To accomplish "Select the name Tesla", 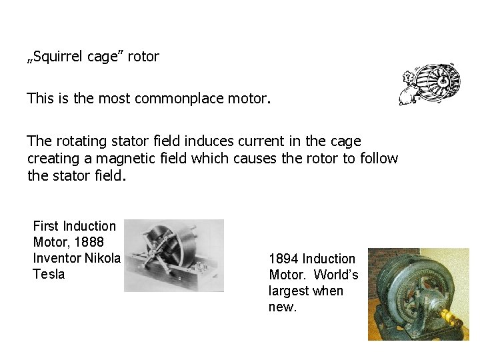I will point(49,274).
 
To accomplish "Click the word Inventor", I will point(57,258).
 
